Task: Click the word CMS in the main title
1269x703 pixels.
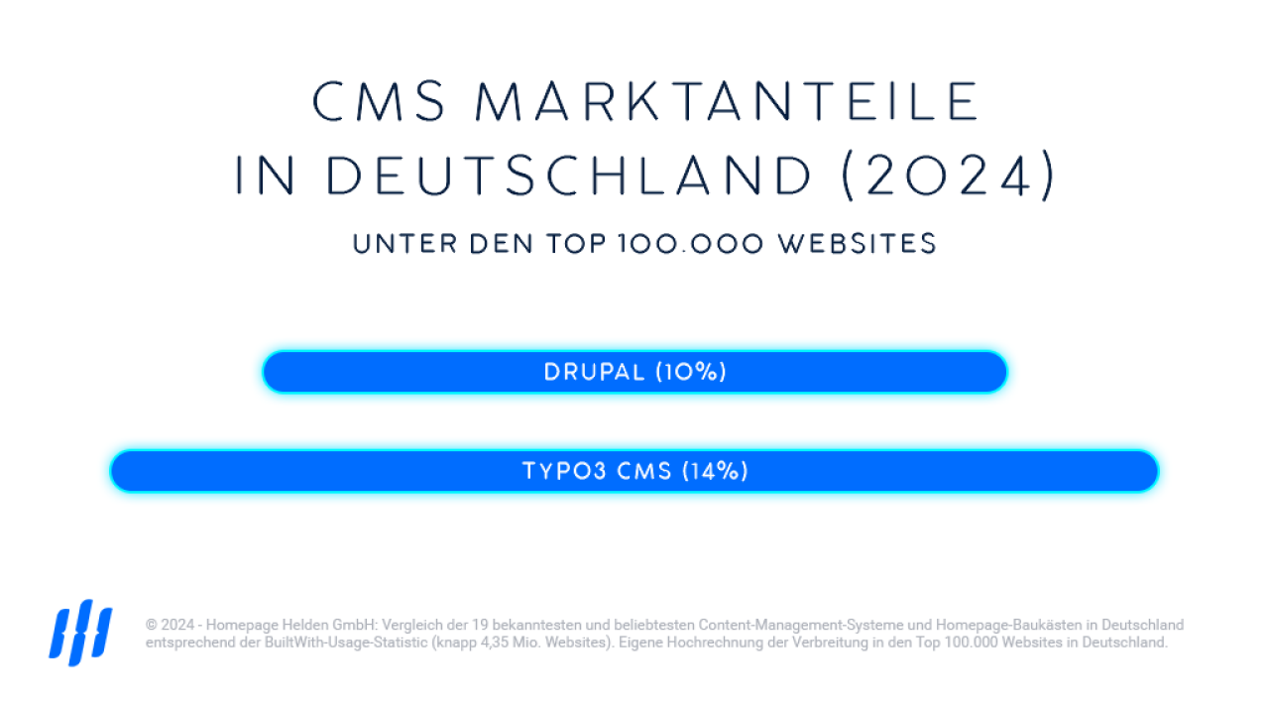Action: [x=380, y=101]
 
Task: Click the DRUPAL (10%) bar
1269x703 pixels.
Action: [x=634, y=373]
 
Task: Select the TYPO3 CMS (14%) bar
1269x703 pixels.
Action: [x=634, y=471]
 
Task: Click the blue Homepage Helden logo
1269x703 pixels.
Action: [x=80, y=631]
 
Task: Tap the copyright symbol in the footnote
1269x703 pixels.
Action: [x=151, y=626]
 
